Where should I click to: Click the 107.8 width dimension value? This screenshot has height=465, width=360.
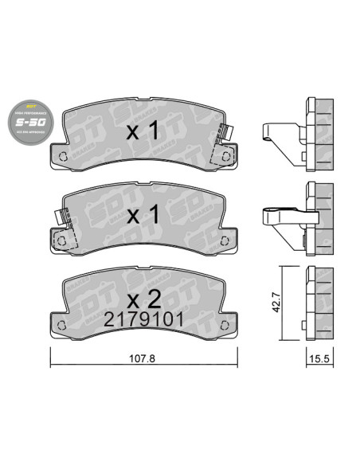[143, 359]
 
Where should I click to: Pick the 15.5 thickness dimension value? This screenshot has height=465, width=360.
[321, 359]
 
